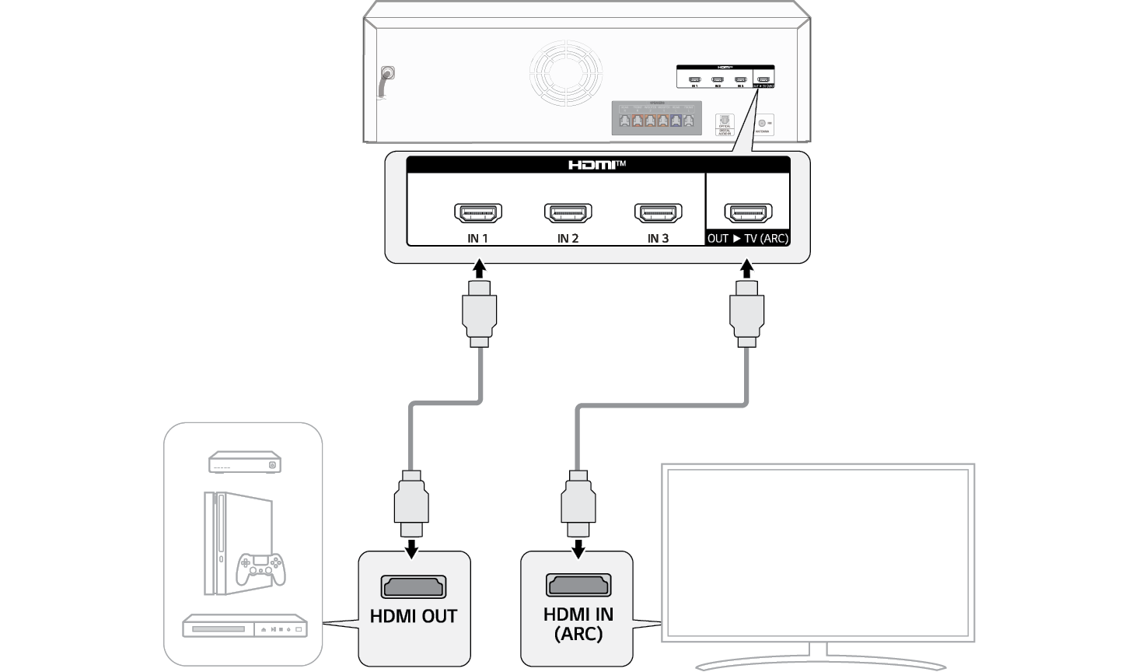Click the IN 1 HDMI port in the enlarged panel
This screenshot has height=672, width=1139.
click(478, 212)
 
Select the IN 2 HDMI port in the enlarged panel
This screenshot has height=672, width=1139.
click(568, 212)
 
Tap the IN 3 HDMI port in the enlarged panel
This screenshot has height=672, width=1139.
click(659, 212)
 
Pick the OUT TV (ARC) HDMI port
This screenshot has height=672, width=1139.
click(748, 212)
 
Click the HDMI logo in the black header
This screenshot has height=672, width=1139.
click(596, 165)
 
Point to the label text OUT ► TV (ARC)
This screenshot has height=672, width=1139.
click(747, 239)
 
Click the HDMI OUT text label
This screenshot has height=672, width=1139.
click(414, 617)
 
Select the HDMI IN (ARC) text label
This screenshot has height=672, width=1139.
click(578, 624)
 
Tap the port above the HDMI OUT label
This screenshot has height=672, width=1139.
click(414, 586)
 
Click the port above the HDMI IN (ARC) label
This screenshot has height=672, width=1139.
click(578, 585)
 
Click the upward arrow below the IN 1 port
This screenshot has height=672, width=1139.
click(480, 269)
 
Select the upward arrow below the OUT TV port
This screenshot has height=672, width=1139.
click(747, 269)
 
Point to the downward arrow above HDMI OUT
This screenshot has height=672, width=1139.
click(412, 549)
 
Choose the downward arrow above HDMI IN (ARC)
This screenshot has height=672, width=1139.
click(578, 549)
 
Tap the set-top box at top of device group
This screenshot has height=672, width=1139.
click(244, 463)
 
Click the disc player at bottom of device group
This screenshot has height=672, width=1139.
click(244, 626)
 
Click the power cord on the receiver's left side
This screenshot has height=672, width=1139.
click(386, 81)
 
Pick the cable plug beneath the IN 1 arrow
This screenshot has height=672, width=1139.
click(480, 314)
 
